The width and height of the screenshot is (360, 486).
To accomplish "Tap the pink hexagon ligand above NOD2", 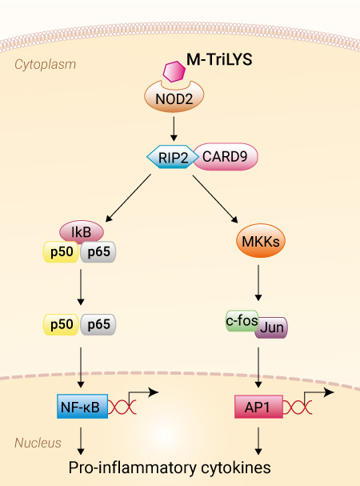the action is pos(174,71).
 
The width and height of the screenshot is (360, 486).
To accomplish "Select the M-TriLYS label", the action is pos(219,59).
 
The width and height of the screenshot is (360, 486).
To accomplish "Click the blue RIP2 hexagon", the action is pos(173,157).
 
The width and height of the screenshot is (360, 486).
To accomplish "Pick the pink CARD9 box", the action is pos(226,156).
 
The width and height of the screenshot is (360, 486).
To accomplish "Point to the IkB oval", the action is pos(82,231).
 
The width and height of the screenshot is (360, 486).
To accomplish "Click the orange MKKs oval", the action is pos(261,241).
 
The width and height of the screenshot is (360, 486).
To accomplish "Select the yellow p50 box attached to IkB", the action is pos(61,251).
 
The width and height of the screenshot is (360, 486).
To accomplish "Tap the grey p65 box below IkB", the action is pos(98,251).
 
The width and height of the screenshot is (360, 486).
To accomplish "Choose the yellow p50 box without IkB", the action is pos(61,324).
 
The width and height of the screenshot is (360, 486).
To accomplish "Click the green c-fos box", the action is pos(242,320).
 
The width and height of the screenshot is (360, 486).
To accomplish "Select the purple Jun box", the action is pos(271,327).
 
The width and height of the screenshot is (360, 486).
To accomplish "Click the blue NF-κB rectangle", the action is pos(82,407).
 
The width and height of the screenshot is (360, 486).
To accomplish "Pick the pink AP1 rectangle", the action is pos(258,407).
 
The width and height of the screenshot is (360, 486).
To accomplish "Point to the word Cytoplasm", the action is pos(46,65).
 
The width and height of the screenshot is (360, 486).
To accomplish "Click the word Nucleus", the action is pos(38,443).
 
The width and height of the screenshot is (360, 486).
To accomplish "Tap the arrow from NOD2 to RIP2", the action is pos(174,129).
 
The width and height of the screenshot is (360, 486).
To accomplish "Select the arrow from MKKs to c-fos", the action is pos(258,283).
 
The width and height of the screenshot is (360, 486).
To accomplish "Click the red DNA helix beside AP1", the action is pos(298,407).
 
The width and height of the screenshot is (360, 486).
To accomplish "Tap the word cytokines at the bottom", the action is pos(236,468).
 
